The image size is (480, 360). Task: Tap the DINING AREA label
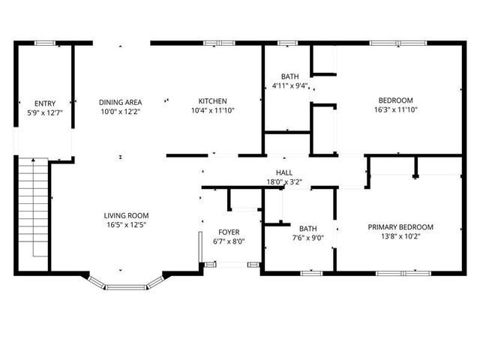pyautogui.click(x=120, y=101)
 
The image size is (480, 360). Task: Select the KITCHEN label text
pyautogui.click(x=213, y=101)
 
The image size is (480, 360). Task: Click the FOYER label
pyautogui.click(x=229, y=232)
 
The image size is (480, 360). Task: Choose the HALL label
pyautogui.click(x=284, y=172)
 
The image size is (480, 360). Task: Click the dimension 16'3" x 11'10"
pyautogui.click(x=395, y=109)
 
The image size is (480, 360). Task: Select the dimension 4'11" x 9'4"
pyautogui.click(x=289, y=86)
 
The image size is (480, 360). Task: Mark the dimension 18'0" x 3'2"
pyautogui.click(x=284, y=181)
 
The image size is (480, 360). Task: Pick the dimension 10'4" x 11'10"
pyautogui.click(x=213, y=111)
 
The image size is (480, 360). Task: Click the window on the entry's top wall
pyautogui.click(x=45, y=43)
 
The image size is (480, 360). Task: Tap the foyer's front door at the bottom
pyautogui.click(x=229, y=263)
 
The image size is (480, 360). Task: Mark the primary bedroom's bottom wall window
pyautogui.click(x=409, y=272)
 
